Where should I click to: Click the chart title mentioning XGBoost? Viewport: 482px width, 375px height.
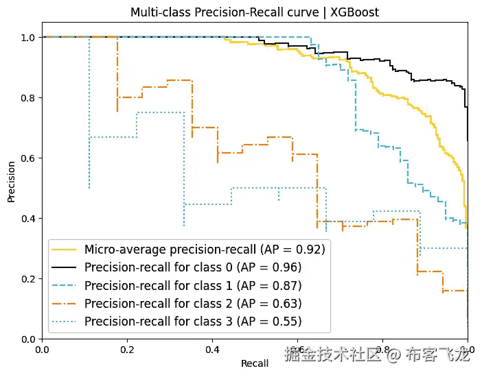[255, 12]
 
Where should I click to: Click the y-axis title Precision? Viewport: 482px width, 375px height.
[11, 181]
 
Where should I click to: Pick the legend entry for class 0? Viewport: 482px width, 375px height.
[193, 267]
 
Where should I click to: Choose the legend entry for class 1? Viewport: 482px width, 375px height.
[193, 285]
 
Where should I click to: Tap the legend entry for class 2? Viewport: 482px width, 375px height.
[193, 303]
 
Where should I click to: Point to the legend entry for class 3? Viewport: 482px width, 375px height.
[193, 321]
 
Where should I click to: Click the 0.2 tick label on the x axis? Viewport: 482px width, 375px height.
[127, 350]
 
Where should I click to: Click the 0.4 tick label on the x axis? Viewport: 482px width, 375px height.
[212, 350]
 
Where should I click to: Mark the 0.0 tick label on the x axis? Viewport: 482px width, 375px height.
[42, 350]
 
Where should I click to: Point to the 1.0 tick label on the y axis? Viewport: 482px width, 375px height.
[27, 37]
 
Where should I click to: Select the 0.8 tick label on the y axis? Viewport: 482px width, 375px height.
[27, 97]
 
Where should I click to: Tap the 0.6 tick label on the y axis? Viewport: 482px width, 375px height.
[27, 158]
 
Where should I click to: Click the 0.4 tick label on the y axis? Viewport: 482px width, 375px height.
[27, 218]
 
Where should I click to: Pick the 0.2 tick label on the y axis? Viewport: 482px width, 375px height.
[27, 278]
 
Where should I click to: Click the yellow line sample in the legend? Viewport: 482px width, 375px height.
[66, 248]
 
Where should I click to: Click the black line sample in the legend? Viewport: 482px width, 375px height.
[66, 267]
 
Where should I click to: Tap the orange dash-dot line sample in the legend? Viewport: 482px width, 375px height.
[66, 303]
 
